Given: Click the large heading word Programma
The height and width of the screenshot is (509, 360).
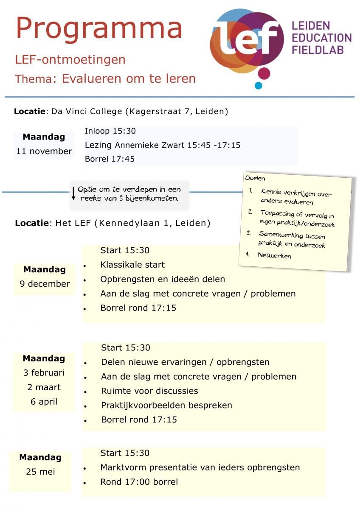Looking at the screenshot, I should pos(99,28).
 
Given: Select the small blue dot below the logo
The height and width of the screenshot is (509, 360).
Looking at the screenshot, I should pos(259,86).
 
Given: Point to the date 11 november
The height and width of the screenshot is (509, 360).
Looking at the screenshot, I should pos(44,151).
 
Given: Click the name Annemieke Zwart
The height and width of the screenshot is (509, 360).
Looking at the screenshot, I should pos(150,145).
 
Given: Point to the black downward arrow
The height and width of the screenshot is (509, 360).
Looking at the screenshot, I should pos(73,193).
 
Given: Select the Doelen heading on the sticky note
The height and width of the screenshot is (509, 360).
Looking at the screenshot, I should pos(255,178).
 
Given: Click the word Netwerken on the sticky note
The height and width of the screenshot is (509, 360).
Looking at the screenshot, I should pos(274,255).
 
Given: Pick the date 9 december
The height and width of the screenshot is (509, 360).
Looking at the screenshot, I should pos(45,284).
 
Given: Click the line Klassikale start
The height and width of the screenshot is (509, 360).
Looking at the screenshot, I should pos(132,265).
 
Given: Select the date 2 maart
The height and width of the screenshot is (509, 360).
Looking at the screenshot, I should pos(44,387).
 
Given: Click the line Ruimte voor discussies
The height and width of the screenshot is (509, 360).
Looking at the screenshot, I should pos(149,391).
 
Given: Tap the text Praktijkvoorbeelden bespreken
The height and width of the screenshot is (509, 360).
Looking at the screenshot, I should pos(166,406).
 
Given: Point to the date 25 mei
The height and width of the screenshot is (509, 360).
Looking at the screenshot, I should pos(40,472).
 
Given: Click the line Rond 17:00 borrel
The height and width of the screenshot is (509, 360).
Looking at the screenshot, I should pos(139,482).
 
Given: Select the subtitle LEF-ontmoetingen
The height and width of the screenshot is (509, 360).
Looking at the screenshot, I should pos(70,60).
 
